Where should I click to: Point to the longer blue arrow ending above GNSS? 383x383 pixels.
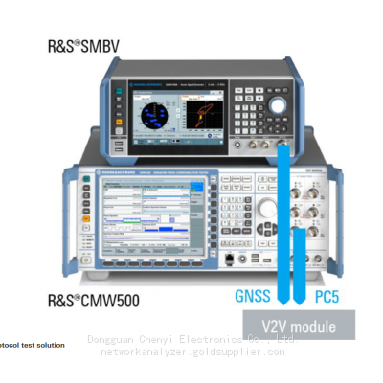tap(283, 211)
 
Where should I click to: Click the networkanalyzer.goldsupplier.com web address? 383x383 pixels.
tap(191, 352)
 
